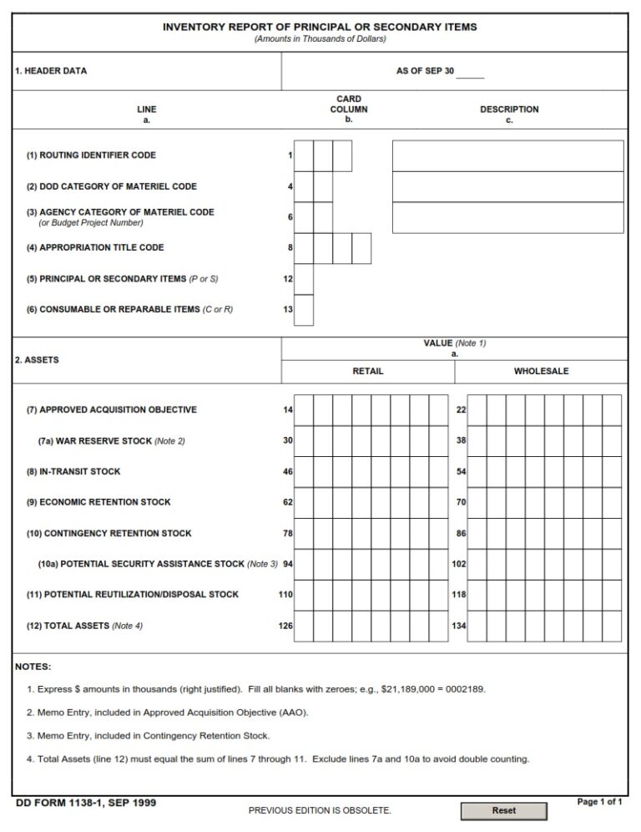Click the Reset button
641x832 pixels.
click(x=504, y=810)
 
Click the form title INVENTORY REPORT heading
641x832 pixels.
click(x=320, y=27)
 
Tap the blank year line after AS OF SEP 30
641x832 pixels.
click(x=470, y=73)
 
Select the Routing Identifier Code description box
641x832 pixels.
click(x=507, y=155)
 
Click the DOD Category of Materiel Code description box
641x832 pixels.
click(x=507, y=186)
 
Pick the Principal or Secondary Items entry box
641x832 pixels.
click(x=304, y=279)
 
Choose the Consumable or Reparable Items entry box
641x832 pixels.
click(x=304, y=310)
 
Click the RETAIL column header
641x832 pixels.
click(x=368, y=371)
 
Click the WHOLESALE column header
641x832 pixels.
click(x=541, y=371)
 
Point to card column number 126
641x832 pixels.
click(x=285, y=626)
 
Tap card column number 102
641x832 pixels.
click(x=458, y=564)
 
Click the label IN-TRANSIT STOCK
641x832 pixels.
click(x=73, y=472)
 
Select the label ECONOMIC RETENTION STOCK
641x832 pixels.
click(x=98, y=502)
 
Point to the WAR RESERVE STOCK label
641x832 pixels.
click(x=111, y=441)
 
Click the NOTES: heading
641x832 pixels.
click(x=33, y=667)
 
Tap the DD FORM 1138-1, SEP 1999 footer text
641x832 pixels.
click(x=85, y=803)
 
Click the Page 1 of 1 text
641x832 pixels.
click(x=599, y=802)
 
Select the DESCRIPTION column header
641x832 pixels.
click(x=509, y=109)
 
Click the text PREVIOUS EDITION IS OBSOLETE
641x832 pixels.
click(x=320, y=810)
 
